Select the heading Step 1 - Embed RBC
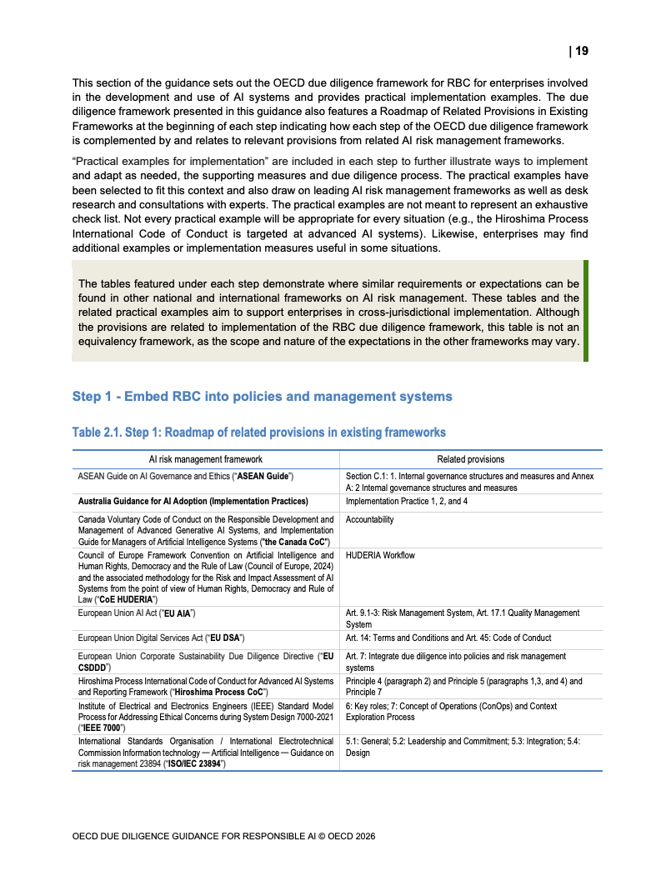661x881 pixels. (262, 396)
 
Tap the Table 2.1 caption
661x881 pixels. (258, 432)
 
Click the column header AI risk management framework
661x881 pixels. (205, 459)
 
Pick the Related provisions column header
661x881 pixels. (470, 459)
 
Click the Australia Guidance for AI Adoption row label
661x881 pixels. (193, 501)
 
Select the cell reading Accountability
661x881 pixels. (370, 519)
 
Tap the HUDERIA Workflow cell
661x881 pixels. (380, 555)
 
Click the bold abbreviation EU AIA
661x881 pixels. (177, 613)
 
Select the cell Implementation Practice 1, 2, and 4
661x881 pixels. (407, 501)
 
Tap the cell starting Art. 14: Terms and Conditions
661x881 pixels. (448, 638)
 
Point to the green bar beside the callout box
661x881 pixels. (585, 311)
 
